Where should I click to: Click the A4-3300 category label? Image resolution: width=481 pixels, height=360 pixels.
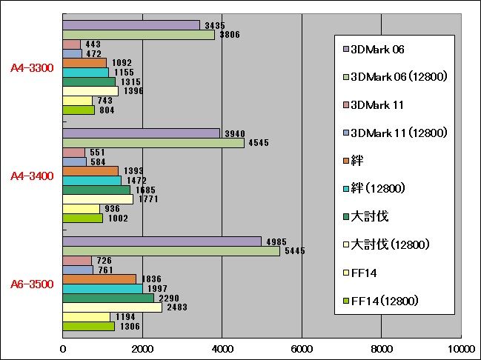click(32, 68)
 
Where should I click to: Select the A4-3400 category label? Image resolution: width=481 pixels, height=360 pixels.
click(32, 176)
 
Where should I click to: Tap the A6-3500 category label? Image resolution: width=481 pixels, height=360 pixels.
click(32, 284)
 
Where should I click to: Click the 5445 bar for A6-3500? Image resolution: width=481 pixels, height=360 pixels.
click(170, 251)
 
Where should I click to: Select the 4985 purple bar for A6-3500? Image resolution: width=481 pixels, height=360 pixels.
click(162, 241)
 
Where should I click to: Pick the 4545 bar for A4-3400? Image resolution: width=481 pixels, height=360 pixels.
click(153, 143)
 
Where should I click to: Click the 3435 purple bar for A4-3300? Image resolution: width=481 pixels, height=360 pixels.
click(130, 25)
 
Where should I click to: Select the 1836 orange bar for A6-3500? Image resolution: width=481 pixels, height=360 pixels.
click(99, 279)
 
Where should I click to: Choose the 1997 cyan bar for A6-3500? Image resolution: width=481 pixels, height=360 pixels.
click(102, 289)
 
